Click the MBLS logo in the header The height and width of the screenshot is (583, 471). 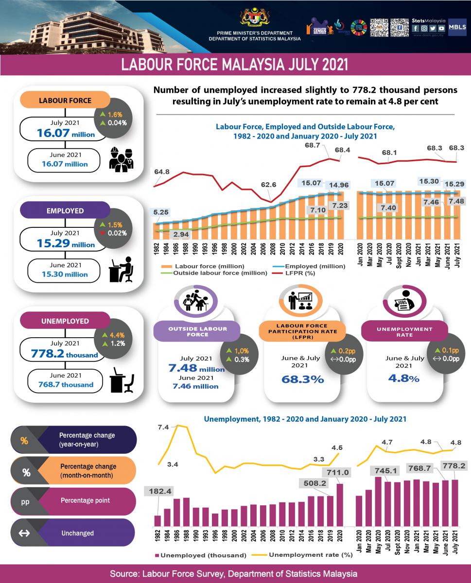[x=457, y=28]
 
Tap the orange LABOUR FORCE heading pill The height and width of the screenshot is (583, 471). [x=65, y=101]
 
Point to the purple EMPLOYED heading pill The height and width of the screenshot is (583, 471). [x=65, y=211]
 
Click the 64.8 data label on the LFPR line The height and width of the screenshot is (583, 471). [x=162, y=171]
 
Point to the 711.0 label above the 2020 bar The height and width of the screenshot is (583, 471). [x=338, y=472]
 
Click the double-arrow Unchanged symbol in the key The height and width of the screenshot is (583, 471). [x=23, y=533]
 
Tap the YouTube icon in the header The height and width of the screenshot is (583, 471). [x=441, y=28]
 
